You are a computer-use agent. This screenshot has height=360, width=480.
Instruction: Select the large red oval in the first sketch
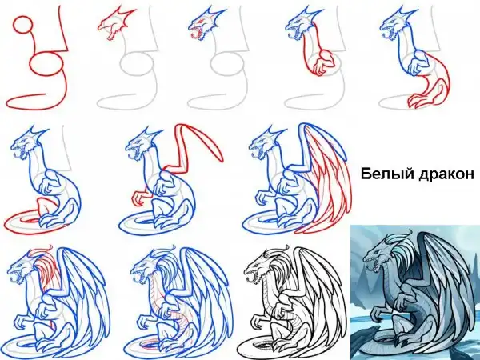pyautogui.click(x=46, y=64)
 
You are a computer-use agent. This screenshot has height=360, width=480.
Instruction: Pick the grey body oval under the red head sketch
pyautogui.click(x=135, y=63)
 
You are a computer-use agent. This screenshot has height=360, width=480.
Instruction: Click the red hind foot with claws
pyautogui.click(x=418, y=98)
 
